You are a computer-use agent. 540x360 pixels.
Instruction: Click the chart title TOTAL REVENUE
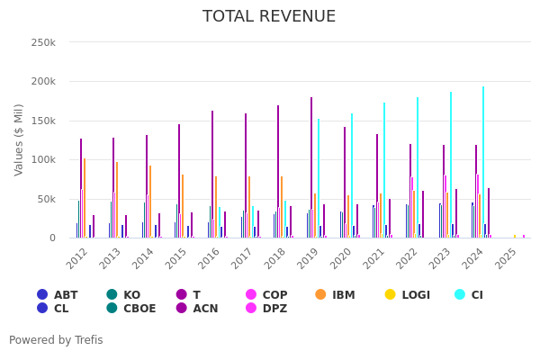269,17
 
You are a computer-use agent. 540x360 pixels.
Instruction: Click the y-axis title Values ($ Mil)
19,139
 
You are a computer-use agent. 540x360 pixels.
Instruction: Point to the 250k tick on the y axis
43,42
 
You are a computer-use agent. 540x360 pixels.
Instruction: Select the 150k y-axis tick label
43,121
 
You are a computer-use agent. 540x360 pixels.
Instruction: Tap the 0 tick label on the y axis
52,238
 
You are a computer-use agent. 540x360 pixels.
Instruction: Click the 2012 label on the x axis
78,257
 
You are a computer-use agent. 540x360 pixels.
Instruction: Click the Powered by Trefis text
56,340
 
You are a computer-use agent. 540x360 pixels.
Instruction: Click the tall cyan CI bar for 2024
482,162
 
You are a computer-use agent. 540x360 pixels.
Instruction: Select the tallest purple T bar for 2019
311,167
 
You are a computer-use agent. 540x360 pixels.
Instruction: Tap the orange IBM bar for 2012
85,198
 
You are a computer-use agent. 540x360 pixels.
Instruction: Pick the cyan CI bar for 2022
417,167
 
